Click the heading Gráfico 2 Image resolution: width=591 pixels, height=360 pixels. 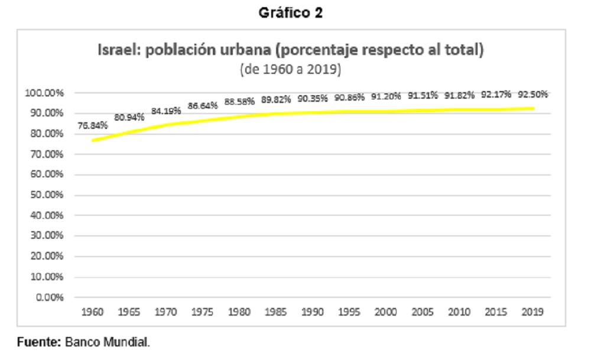pos(291,13)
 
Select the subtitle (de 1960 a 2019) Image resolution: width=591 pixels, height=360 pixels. pos(291,69)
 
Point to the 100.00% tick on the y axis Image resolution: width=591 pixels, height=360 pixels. pos(44,93)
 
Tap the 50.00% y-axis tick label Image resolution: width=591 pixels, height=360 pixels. pos(47,195)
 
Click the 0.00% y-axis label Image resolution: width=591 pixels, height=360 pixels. pos(50,297)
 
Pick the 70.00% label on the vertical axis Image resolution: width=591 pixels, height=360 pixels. pos(47,154)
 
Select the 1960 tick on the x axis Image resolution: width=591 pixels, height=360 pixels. pos(92,312)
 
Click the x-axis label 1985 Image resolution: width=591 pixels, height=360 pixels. pos(276,312)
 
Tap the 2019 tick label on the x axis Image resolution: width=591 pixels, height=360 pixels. pos(532,312)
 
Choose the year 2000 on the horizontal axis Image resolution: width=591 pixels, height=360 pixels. pos(385,312)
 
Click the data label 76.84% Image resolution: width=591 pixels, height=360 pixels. pos(93,125)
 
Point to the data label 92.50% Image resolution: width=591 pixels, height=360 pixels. pos(532,94)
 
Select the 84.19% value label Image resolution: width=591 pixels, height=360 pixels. pos(166,111)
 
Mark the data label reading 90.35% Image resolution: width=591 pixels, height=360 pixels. pos(313,98)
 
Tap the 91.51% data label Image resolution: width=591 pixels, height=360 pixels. pos(423,95)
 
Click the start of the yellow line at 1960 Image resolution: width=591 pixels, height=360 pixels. pos(93,141)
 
